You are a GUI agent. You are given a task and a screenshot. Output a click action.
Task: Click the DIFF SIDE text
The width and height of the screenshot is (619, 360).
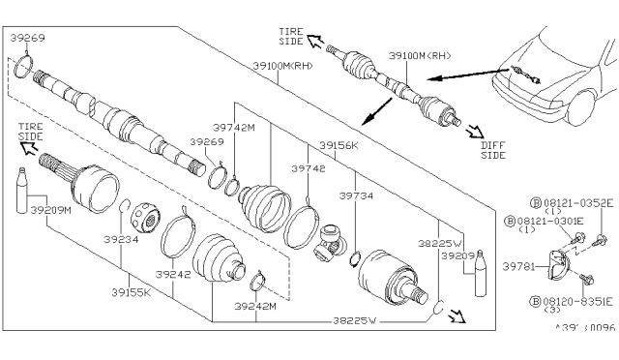[x=493, y=149]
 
